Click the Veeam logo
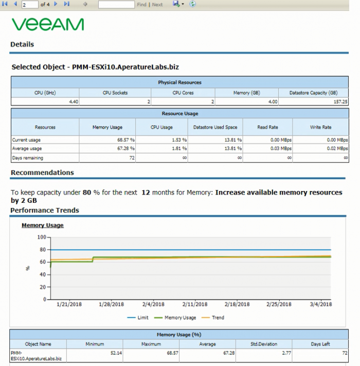click(48, 24)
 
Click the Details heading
click(22, 44)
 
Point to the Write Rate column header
click(320, 127)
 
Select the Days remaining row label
click(28, 158)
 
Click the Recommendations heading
click(42, 172)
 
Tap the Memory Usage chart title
click(42, 225)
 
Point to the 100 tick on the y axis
click(42, 237)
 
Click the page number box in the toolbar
click(30, 4)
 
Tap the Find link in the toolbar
click(141, 4)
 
